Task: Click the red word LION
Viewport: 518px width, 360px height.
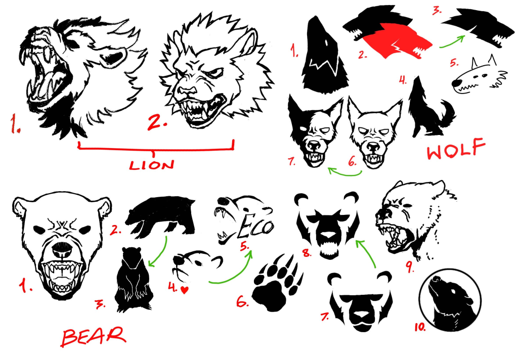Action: (152, 165)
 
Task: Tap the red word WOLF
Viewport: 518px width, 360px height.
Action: (456, 149)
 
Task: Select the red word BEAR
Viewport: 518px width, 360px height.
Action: (94, 337)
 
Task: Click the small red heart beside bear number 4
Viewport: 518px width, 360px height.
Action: (185, 290)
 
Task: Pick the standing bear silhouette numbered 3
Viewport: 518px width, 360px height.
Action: (134, 280)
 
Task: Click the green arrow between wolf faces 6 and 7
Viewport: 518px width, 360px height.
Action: (344, 172)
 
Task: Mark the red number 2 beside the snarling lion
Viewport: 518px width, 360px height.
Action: (157, 123)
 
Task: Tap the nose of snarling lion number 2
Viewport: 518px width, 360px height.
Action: (186, 91)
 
